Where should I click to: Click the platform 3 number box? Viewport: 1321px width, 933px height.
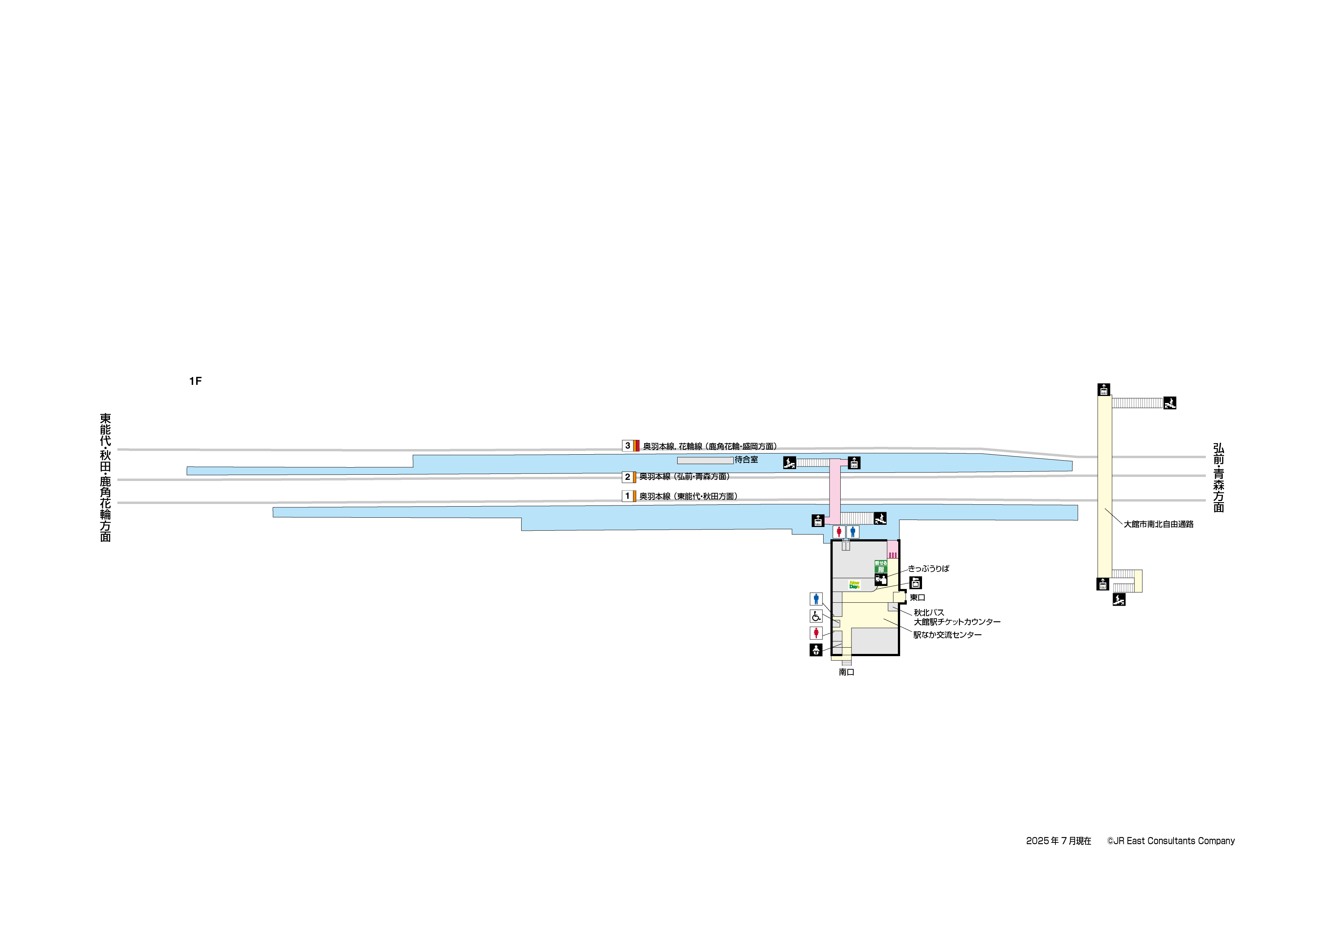(627, 445)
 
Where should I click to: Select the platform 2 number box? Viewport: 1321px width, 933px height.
(627, 477)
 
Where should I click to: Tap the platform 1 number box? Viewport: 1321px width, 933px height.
(627, 496)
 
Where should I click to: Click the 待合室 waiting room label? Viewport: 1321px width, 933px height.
(746, 460)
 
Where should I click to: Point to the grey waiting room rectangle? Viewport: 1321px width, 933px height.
(705, 461)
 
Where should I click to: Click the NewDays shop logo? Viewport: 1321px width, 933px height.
(854, 585)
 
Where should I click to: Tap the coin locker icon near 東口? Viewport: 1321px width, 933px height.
(915, 583)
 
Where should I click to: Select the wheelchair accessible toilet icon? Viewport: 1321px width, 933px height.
(816, 616)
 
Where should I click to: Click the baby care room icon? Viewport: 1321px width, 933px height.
(816, 650)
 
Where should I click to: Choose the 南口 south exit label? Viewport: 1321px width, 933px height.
(846, 672)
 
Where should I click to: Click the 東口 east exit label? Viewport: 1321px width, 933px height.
(917, 598)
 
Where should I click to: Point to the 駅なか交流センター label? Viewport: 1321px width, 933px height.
(947, 635)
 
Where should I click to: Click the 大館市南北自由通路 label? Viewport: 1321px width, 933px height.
(1158, 524)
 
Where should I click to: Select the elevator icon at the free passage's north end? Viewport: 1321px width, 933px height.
(1104, 390)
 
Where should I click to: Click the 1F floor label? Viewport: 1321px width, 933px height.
(195, 381)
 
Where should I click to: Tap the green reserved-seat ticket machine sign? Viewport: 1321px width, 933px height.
(881, 567)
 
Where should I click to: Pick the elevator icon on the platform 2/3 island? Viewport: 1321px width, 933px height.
(854, 463)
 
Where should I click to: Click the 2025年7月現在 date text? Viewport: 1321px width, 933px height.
(1059, 841)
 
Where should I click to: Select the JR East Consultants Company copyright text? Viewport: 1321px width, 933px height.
(1171, 841)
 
